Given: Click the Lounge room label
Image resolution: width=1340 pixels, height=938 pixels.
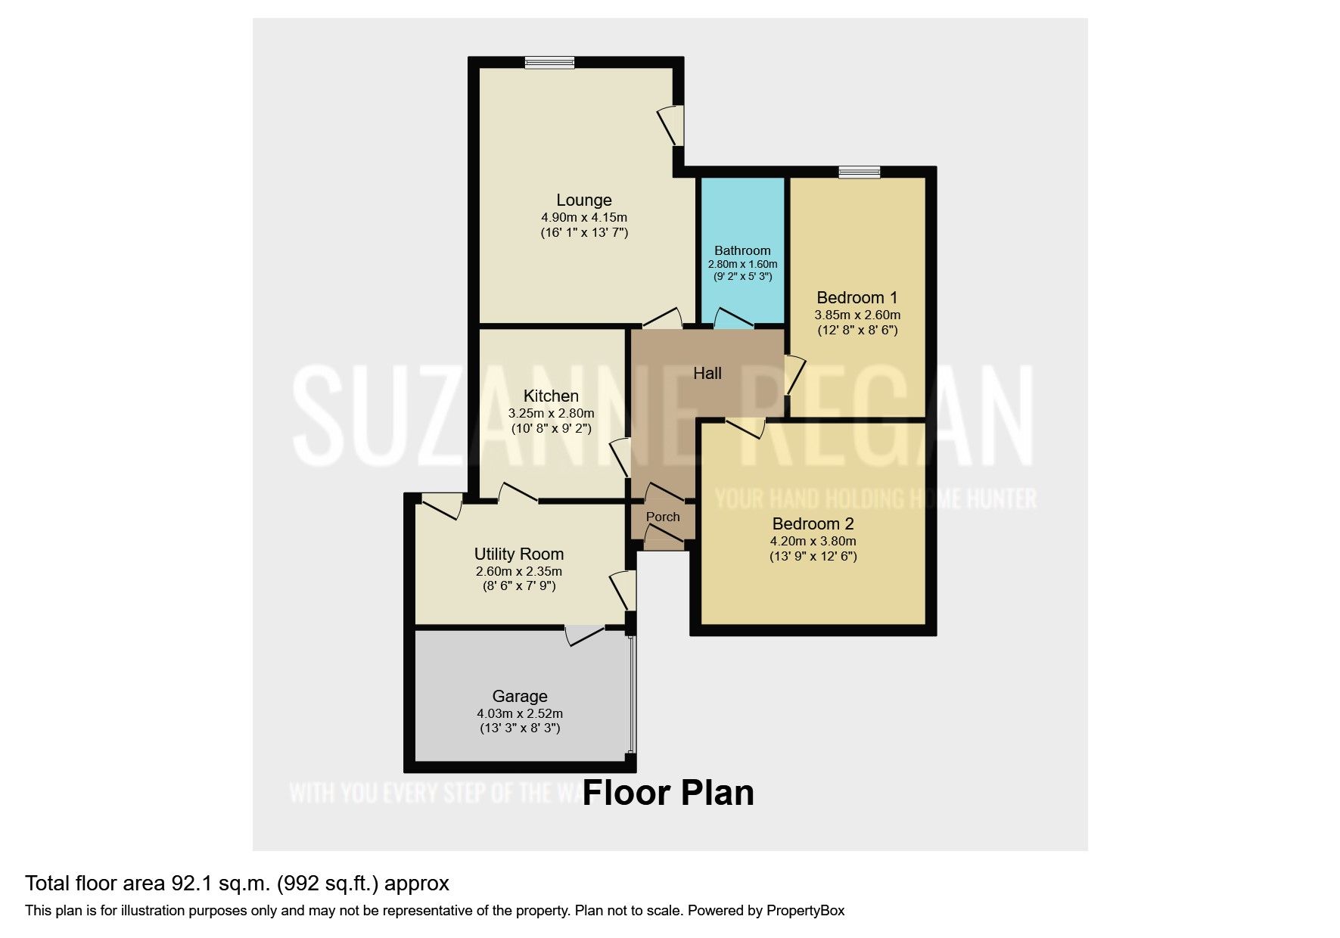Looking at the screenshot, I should [583, 200].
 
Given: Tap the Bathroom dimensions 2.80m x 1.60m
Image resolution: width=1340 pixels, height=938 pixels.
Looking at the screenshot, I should [742, 264].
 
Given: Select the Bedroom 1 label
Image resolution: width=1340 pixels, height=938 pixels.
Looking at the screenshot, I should [857, 297].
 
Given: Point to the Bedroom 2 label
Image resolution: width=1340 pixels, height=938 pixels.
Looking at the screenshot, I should [813, 523].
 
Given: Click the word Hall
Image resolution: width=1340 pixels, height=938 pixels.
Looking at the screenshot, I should [707, 373].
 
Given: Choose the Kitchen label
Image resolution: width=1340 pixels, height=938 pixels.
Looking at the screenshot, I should [551, 396].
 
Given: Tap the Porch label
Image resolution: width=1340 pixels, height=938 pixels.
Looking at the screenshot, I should [663, 517].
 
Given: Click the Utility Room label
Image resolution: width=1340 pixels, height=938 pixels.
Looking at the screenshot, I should [518, 554].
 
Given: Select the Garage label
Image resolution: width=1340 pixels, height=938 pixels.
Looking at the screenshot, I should [519, 696].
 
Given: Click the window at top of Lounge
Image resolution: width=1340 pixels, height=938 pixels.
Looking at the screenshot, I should [550, 64].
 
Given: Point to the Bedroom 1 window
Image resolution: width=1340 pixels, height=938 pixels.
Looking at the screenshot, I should [859, 172].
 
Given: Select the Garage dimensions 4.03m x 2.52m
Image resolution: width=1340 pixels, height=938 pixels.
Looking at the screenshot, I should [519, 713].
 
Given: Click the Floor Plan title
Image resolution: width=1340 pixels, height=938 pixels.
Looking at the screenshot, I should [667, 793].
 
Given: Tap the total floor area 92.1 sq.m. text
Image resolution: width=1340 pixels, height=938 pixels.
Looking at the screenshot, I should [237, 883].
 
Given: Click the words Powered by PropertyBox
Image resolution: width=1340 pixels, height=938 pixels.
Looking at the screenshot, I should [765, 910].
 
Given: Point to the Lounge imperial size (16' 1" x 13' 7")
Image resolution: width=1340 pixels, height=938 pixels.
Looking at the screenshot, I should [583, 232].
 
